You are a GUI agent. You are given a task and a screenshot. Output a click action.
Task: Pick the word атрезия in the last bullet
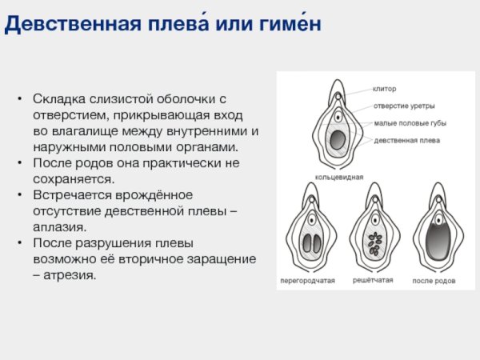tap(71, 275)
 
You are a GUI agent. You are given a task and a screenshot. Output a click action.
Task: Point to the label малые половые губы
tap(410, 123)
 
